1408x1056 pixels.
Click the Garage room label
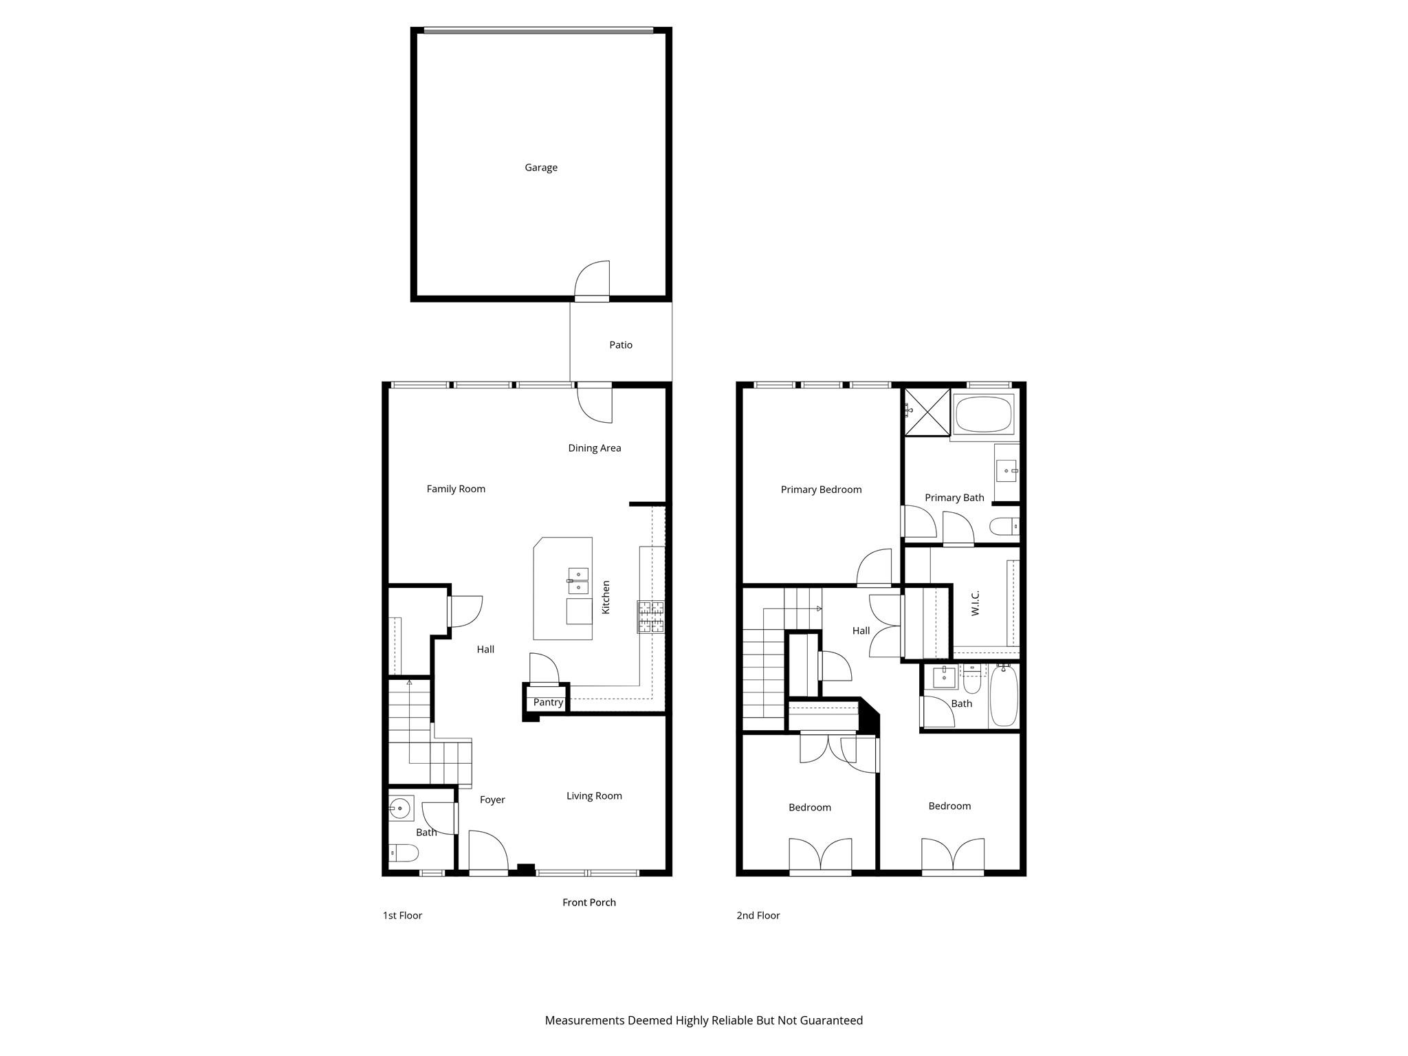click(541, 168)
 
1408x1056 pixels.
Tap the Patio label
click(621, 345)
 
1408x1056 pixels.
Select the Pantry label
click(548, 703)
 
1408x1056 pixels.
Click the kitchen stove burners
click(650, 617)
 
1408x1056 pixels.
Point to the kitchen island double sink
click(578, 581)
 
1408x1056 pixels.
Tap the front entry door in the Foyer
click(488, 852)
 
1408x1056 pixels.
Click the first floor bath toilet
click(404, 853)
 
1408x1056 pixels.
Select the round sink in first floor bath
click(399, 808)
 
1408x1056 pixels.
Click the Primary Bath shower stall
click(927, 412)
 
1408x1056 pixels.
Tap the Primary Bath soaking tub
click(984, 414)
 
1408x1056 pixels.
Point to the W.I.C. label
click(975, 603)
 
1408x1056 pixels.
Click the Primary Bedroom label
click(821, 490)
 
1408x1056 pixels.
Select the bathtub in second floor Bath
click(1004, 696)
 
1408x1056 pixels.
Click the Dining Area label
click(594, 448)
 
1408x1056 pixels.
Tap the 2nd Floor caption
click(758, 916)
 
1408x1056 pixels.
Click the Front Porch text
click(588, 903)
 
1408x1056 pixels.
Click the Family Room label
click(456, 489)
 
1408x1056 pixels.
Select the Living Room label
click(594, 796)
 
